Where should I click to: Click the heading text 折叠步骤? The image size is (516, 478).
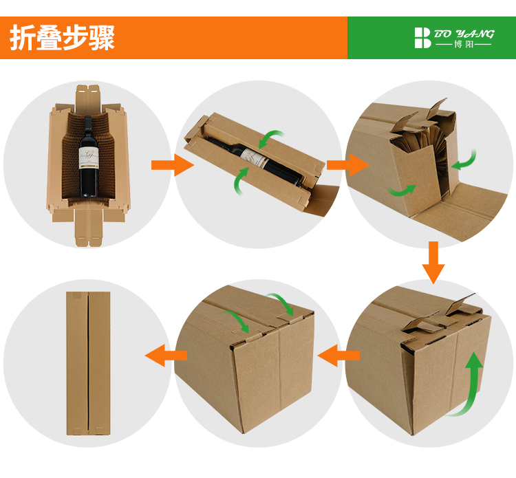(x=62, y=38)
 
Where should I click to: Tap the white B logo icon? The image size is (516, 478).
(x=422, y=38)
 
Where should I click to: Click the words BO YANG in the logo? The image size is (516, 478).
(x=464, y=34)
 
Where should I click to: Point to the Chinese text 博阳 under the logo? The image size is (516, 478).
(x=464, y=44)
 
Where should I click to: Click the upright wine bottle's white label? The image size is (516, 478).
(x=89, y=157)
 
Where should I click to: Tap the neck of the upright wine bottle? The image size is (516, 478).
(x=88, y=127)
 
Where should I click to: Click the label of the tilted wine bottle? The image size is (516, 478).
(x=254, y=158)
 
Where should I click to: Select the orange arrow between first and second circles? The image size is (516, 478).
(x=172, y=165)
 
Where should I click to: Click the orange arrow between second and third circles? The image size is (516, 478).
(x=347, y=165)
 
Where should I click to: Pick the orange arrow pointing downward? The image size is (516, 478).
(x=433, y=262)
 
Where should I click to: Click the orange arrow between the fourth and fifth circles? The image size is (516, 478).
(x=338, y=356)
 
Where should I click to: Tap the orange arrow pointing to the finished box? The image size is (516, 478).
(x=166, y=356)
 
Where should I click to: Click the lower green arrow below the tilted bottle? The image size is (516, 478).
(x=239, y=181)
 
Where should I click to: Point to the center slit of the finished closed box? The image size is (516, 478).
(x=88, y=363)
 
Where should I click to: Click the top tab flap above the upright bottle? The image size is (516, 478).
(x=87, y=98)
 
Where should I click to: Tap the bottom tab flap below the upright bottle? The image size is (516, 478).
(x=89, y=226)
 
